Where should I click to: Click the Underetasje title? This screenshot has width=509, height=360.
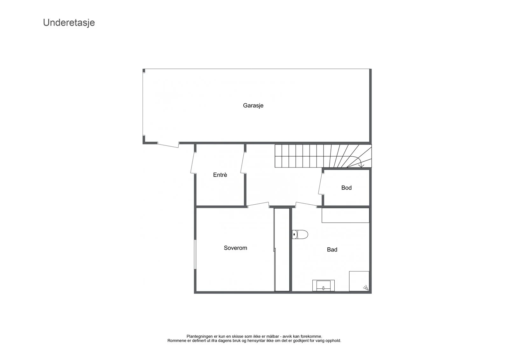(69, 23)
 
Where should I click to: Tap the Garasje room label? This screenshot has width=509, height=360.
(253, 106)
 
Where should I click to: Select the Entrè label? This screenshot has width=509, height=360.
(220, 175)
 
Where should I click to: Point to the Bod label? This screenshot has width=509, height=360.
(346, 188)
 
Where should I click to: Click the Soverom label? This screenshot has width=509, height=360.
(235, 248)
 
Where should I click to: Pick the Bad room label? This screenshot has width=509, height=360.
(332, 250)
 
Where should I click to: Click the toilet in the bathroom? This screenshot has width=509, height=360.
(300, 234)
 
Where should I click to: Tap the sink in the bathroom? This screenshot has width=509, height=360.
(323, 286)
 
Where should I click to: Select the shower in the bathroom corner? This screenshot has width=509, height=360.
(359, 281)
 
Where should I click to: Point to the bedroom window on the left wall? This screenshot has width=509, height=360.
(195, 254)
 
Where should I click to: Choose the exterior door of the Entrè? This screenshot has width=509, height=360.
(193, 163)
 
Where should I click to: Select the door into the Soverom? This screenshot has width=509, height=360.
(258, 205)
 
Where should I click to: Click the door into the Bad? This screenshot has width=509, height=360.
(306, 205)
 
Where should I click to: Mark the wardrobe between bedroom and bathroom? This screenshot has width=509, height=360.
(282, 250)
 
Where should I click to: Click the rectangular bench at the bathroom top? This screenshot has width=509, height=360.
(345, 215)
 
